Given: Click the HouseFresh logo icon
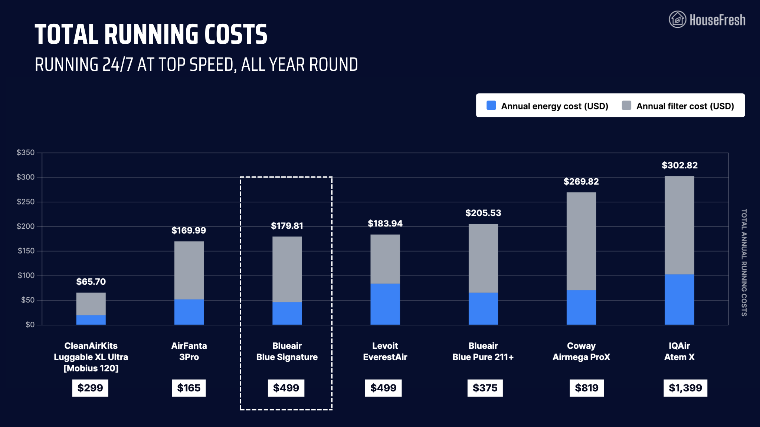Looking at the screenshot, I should [677, 19].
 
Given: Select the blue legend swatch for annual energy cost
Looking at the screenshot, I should [491, 106].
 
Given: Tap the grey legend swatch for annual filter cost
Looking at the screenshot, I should [626, 106].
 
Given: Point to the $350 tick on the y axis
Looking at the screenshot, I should [26, 153].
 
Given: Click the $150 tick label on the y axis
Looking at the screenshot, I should [26, 251].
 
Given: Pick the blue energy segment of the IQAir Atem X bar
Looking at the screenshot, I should [679, 299].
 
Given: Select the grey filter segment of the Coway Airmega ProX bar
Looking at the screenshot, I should [581, 241].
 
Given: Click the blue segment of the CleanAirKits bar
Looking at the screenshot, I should [91, 320].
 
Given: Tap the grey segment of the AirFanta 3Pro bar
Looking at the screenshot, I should [189, 270].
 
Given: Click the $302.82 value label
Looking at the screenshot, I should [679, 165].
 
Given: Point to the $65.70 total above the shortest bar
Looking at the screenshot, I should [91, 282].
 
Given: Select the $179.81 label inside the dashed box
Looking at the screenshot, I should [287, 226].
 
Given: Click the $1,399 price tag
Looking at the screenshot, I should [685, 388].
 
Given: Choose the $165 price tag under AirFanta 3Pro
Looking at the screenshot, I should [189, 388].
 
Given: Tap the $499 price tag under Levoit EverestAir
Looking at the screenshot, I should [383, 388].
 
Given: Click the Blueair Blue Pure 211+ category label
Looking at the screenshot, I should [483, 351].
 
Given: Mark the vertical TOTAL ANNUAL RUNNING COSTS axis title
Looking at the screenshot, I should [744, 262].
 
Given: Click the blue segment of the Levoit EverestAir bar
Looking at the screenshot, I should [385, 304].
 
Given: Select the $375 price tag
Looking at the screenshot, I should [485, 388].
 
